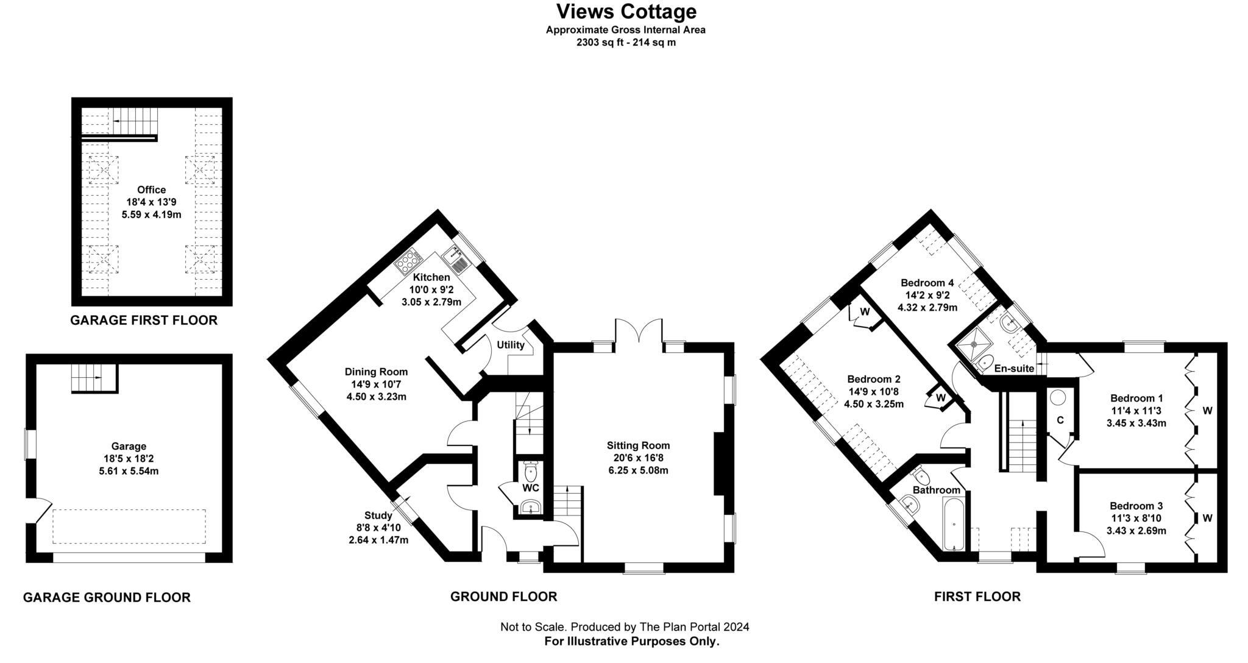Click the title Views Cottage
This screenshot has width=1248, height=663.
point(626,12)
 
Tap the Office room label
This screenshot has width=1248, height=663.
point(151,190)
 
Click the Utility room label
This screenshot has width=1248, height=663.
point(510,345)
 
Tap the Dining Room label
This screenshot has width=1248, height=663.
point(376,372)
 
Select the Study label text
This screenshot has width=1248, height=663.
point(378,516)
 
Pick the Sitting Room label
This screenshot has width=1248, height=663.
point(638,445)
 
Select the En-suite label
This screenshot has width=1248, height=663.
point(1014,368)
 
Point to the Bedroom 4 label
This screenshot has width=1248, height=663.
point(927,283)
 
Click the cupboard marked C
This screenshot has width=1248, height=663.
point(1060,420)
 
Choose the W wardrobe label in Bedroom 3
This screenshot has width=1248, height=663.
point(1207,518)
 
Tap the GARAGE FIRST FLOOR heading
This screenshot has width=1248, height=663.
point(144,321)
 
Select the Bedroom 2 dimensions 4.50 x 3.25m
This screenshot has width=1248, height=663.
point(874,404)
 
